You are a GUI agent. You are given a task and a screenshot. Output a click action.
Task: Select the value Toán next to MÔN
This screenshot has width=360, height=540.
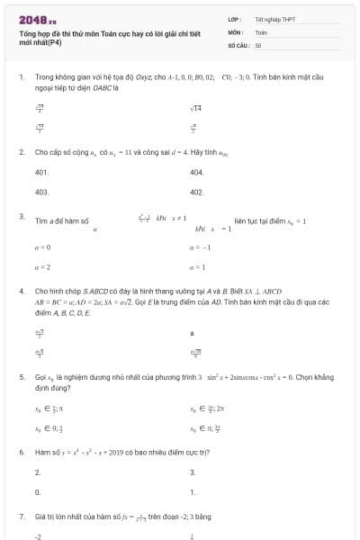261,31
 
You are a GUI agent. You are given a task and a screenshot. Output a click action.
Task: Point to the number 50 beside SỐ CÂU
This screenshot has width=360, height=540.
258,44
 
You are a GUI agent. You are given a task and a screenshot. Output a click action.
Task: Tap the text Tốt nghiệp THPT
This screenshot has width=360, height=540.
271,19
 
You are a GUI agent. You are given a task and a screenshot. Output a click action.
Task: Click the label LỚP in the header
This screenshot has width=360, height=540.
236,19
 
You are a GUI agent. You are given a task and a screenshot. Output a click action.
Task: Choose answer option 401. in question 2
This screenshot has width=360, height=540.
41,171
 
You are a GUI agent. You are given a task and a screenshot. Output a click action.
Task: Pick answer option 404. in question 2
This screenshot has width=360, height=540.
197,171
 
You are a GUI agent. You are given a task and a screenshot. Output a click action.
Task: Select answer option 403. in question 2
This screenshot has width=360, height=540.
41,192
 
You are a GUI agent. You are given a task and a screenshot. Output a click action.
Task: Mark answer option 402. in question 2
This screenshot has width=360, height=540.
197,192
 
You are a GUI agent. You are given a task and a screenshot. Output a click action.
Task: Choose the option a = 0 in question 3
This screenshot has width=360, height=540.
42,247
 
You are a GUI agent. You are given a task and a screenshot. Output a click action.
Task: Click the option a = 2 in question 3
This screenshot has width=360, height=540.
42,267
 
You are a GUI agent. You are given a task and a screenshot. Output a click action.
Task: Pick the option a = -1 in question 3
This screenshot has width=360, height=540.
200,247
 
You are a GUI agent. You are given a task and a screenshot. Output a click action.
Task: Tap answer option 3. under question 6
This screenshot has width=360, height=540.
193,472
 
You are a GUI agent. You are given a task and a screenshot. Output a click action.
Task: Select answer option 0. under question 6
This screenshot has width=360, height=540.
38,492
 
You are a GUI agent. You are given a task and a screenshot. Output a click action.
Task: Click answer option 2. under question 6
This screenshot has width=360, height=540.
38,472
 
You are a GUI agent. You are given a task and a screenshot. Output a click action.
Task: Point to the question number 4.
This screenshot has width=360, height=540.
22,292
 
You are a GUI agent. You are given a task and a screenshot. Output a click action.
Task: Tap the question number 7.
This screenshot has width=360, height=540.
22,517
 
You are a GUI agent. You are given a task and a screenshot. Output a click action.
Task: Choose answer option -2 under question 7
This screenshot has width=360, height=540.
39,536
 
